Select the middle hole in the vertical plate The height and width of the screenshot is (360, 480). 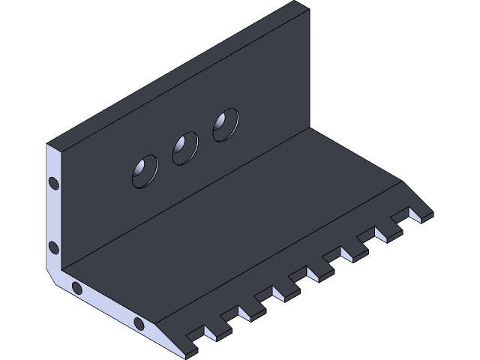pos(184,148)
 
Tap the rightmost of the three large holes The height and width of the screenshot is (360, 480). pos(226,124)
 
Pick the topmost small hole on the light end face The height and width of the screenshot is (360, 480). pos(53,182)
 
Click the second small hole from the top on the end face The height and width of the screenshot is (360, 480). pos(53,247)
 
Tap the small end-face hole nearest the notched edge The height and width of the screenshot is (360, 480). pos(139,323)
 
